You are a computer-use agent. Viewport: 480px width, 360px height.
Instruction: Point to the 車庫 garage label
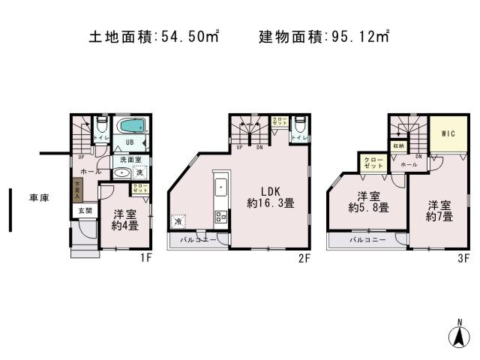click(x=39, y=198)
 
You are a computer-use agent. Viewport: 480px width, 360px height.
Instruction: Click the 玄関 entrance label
click(x=85, y=211)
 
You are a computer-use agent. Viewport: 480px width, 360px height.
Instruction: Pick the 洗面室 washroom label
click(x=125, y=160)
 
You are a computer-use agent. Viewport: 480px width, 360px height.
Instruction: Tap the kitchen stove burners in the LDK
click(x=221, y=217)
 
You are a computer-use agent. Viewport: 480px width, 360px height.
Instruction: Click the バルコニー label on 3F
click(x=367, y=240)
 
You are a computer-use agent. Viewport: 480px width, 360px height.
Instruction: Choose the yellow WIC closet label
click(x=448, y=134)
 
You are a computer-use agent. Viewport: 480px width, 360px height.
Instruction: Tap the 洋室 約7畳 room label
click(x=440, y=210)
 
